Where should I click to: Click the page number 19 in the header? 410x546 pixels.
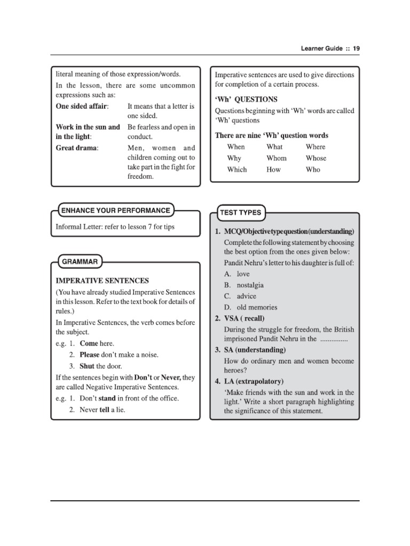pos(356,48)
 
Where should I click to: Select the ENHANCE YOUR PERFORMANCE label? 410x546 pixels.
pos(115,211)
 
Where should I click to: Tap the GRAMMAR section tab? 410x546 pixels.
pos(80,262)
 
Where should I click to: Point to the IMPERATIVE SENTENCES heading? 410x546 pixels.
pos(102,280)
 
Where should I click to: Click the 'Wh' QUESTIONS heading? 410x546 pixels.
pos(246,99)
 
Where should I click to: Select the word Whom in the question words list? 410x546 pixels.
pos(277,158)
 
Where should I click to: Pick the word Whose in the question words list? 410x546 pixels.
pos(316,158)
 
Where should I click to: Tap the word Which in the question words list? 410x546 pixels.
pos(237,170)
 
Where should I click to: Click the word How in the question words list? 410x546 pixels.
pos(273,170)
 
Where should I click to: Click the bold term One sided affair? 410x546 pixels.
pos(81,106)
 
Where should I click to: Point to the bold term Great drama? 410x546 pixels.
pos(77,148)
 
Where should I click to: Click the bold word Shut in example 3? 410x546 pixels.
pos(87,366)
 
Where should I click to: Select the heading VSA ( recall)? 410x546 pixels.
pos(240,319)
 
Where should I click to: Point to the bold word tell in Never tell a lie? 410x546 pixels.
pos(104,409)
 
